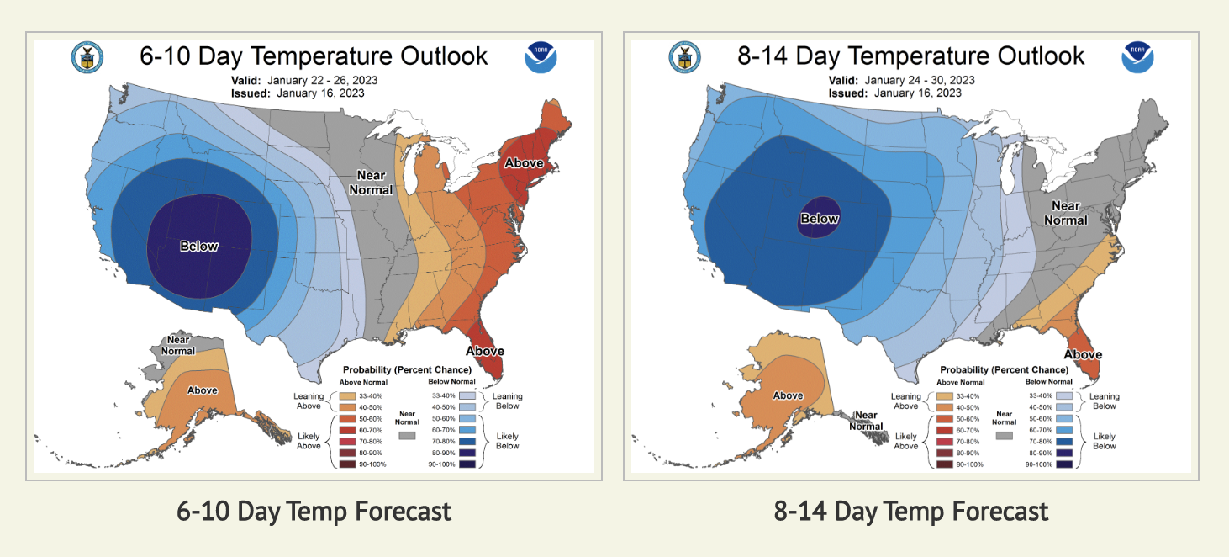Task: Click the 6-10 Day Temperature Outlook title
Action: tap(314, 56)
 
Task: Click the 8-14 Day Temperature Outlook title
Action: tap(910, 56)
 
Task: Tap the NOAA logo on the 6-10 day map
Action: tap(541, 56)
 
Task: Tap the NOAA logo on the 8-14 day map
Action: tap(1137, 56)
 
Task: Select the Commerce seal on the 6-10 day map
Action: tap(87, 56)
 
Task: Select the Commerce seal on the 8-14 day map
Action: tap(683, 56)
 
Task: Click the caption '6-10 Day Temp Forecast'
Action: tap(314, 511)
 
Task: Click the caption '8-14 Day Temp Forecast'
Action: tap(910, 511)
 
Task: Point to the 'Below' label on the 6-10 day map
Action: tap(199, 247)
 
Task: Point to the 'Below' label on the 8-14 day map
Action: tap(819, 219)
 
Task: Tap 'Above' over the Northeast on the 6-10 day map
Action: tap(523, 162)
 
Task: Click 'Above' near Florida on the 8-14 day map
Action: tap(1083, 354)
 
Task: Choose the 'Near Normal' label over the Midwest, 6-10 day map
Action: tap(371, 183)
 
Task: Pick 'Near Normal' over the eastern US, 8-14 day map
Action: tap(1065, 213)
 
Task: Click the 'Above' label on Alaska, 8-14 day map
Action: tap(788, 395)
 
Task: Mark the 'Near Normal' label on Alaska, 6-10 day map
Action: tap(177, 345)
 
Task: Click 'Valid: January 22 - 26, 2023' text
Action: tap(304, 81)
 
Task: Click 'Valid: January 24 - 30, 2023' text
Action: tap(901, 81)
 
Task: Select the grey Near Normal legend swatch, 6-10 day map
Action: tap(409, 436)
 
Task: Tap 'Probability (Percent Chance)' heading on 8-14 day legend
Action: tap(1004, 370)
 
